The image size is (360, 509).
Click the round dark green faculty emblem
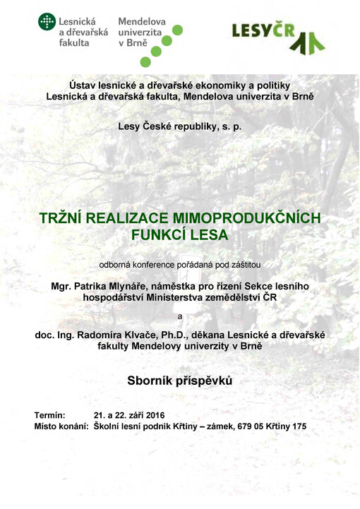47,22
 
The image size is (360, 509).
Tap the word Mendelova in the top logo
142,22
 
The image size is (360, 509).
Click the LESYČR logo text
261,30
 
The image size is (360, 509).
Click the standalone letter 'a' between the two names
179,316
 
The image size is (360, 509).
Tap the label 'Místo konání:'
61,427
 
